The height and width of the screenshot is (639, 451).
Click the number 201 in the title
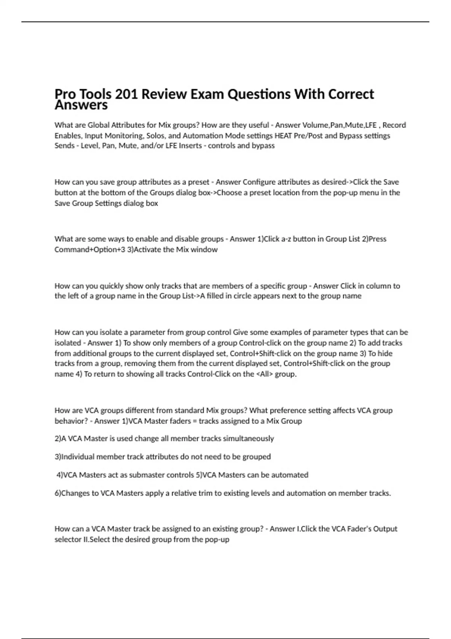coord(126,94)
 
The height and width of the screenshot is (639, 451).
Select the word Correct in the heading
coord(351,94)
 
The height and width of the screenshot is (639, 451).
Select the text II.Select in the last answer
coord(96,540)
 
